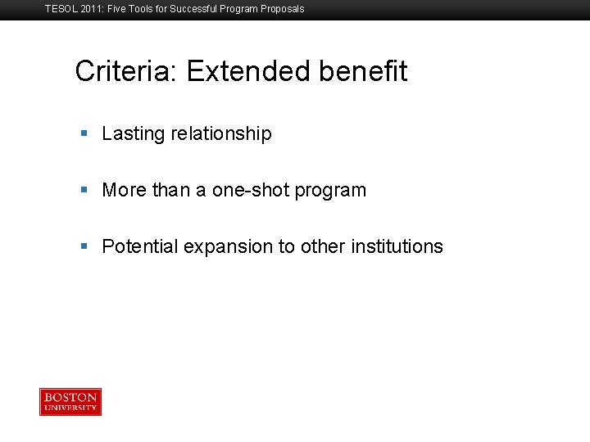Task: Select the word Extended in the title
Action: point(249,71)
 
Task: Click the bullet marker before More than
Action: point(84,190)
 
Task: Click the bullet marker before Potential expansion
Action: point(84,246)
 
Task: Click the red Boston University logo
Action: point(70,402)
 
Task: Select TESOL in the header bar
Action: point(61,9)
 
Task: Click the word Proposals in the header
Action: point(282,9)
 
